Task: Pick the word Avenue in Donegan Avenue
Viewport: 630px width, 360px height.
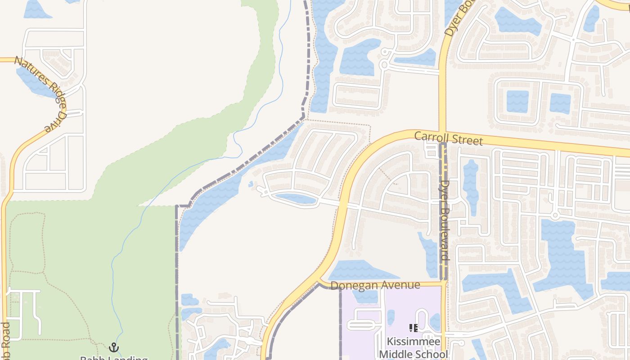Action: tap(400, 285)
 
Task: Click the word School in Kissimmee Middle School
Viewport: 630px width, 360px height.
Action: tap(429, 354)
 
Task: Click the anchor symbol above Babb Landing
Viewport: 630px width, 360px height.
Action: tap(114, 347)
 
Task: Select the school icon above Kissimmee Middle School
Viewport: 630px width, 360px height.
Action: tap(413, 328)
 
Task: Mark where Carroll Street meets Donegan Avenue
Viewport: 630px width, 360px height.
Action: tap(320, 283)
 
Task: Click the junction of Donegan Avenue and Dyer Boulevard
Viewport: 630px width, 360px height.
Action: tap(443, 283)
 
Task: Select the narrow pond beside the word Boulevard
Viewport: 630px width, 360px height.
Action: tap(431, 254)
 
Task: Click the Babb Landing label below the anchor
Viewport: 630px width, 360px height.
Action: tap(114, 358)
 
